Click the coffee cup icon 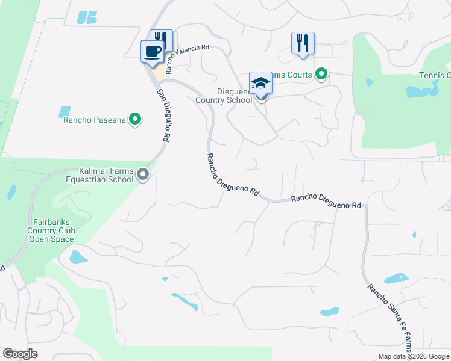[152, 51]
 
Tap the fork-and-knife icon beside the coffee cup [162, 40]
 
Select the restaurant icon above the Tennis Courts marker [303, 42]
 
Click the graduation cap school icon [260, 83]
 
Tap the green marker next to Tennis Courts [321, 75]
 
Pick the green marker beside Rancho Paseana [135, 120]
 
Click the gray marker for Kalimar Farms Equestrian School [143, 174]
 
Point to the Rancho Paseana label [95, 120]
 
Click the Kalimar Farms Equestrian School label [106, 175]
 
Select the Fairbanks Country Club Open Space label [51, 230]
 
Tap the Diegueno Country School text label [224, 96]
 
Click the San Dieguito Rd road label [162, 116]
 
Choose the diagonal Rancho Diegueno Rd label [233, 175]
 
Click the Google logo [20, 353]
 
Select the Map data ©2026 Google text [413, 356]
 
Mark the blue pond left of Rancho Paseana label [64, 111]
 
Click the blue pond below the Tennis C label [421, 91]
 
